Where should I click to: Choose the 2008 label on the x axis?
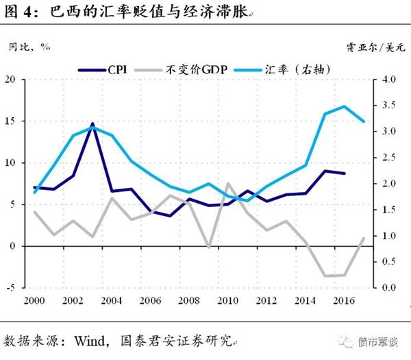(x=189, y=302)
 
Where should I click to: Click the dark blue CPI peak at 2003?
(x=92, y=124)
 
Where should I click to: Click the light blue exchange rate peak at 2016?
(x=344, y=106)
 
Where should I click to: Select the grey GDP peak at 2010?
(x=227, y=184)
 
